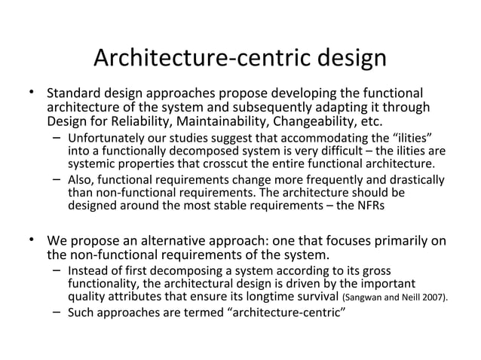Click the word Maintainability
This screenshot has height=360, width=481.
tap(225, 123)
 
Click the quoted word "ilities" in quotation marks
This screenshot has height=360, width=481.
tap(409, 139)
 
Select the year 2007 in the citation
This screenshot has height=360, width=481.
tap(433, 298)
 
